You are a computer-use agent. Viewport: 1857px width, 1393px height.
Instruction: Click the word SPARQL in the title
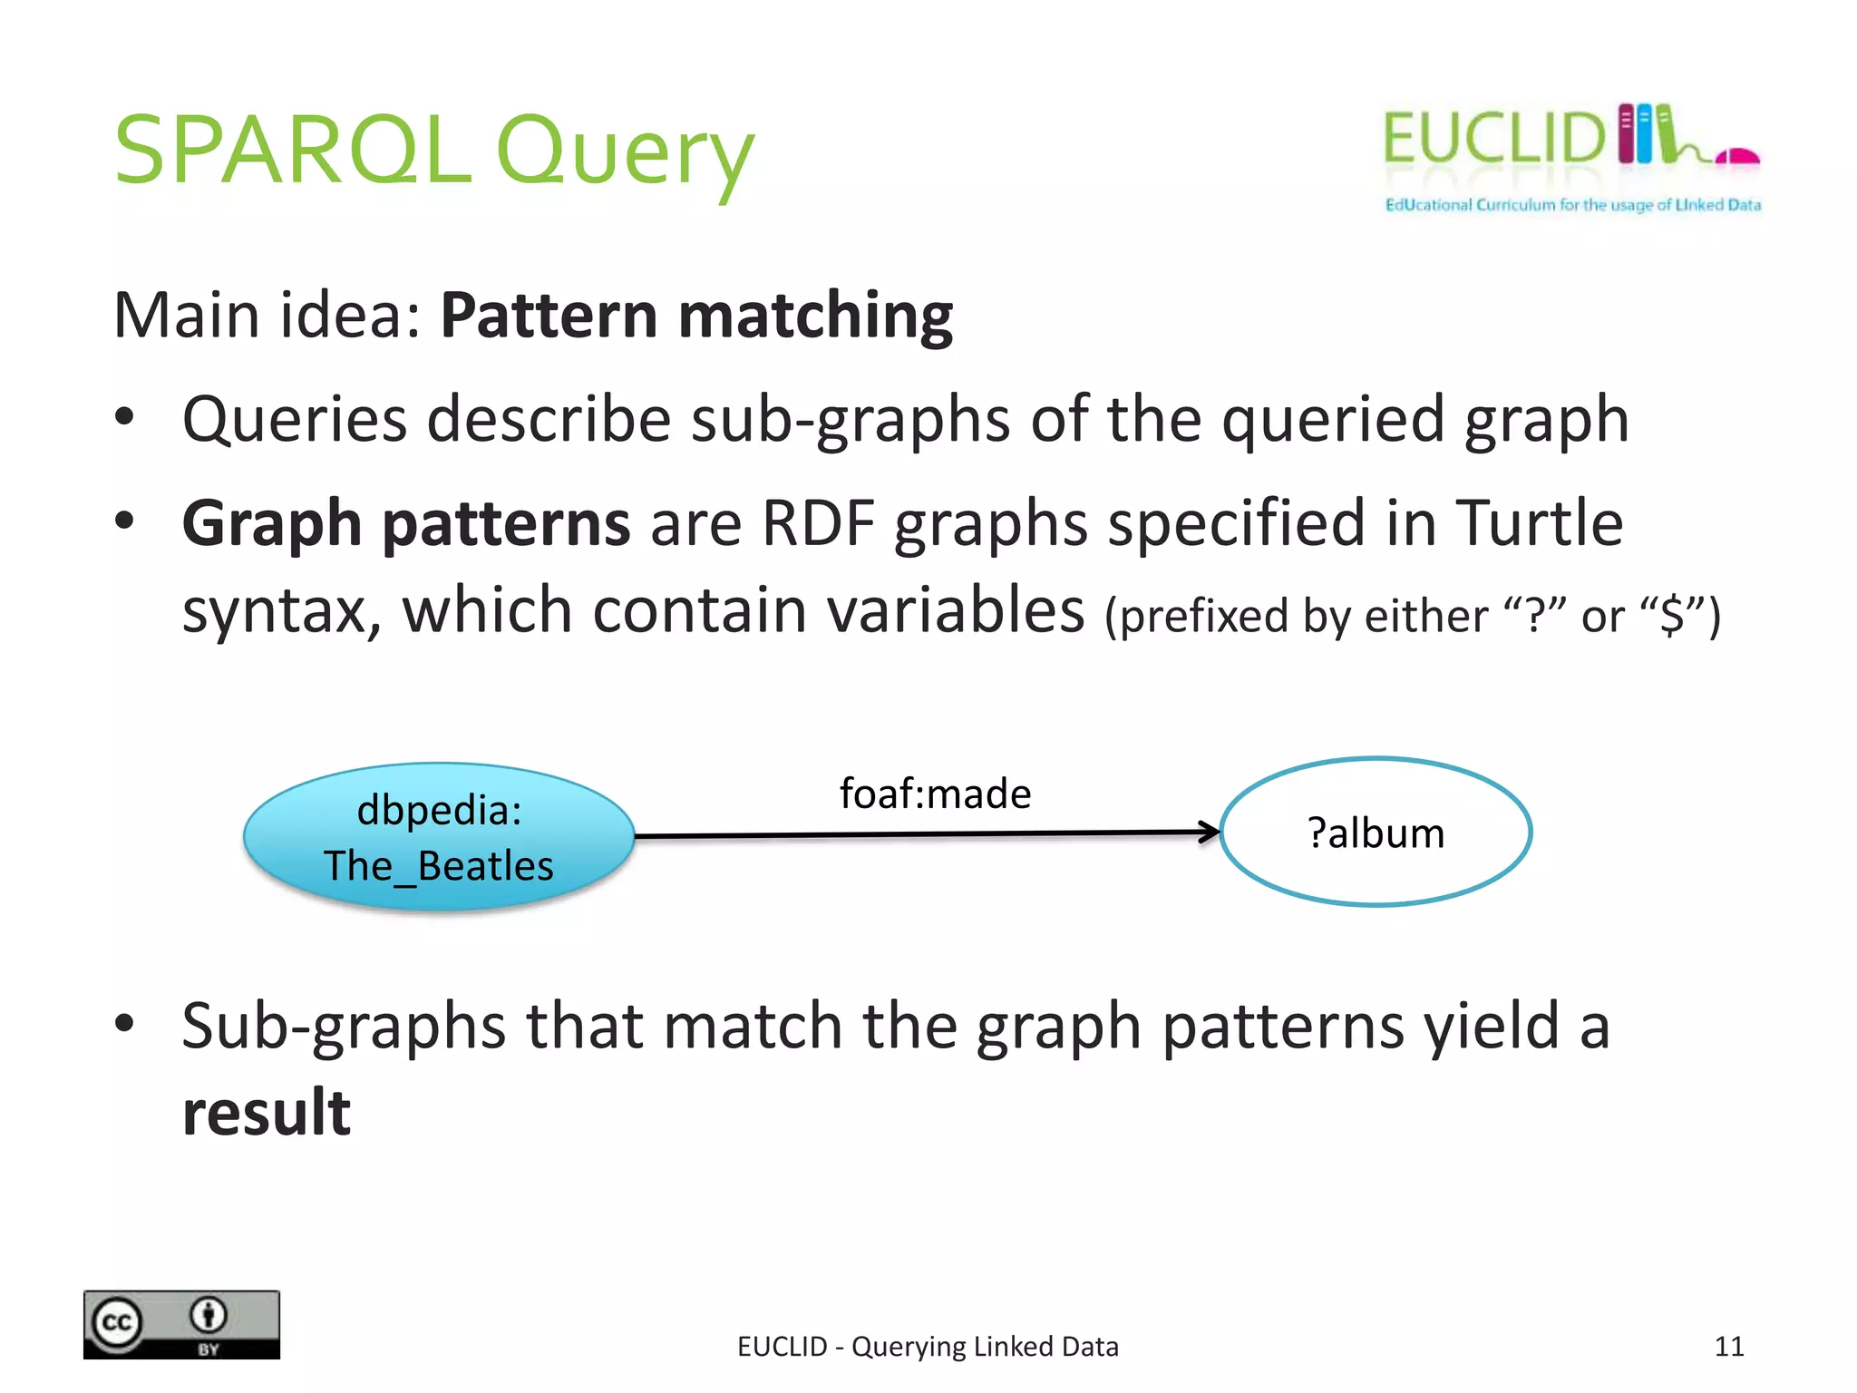click(292, 150)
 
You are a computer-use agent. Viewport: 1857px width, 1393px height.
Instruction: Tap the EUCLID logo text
click(1492, 139)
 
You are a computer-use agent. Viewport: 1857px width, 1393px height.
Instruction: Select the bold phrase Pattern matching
click(695, 316)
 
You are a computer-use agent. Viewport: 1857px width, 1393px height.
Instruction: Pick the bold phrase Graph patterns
click(405, 523)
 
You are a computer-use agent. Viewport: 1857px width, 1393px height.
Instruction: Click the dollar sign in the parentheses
click(1670, 617)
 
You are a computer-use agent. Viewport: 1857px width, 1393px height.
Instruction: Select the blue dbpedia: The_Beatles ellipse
click(438, 836)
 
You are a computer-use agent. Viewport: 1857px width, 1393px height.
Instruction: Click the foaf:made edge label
click(935, 794)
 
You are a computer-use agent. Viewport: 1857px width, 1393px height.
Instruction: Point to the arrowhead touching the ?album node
click(1210, 832)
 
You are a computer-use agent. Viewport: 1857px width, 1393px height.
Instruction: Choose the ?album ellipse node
click(1375, 833)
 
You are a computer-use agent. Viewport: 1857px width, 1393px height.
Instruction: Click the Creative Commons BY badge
click(181, 1324)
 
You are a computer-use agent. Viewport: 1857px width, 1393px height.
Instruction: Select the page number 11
click(1728, 1346)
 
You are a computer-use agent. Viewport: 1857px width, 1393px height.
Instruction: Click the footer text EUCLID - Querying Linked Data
click(927, 1346)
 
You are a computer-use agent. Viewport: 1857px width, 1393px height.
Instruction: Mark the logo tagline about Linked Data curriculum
click(1572, 205)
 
